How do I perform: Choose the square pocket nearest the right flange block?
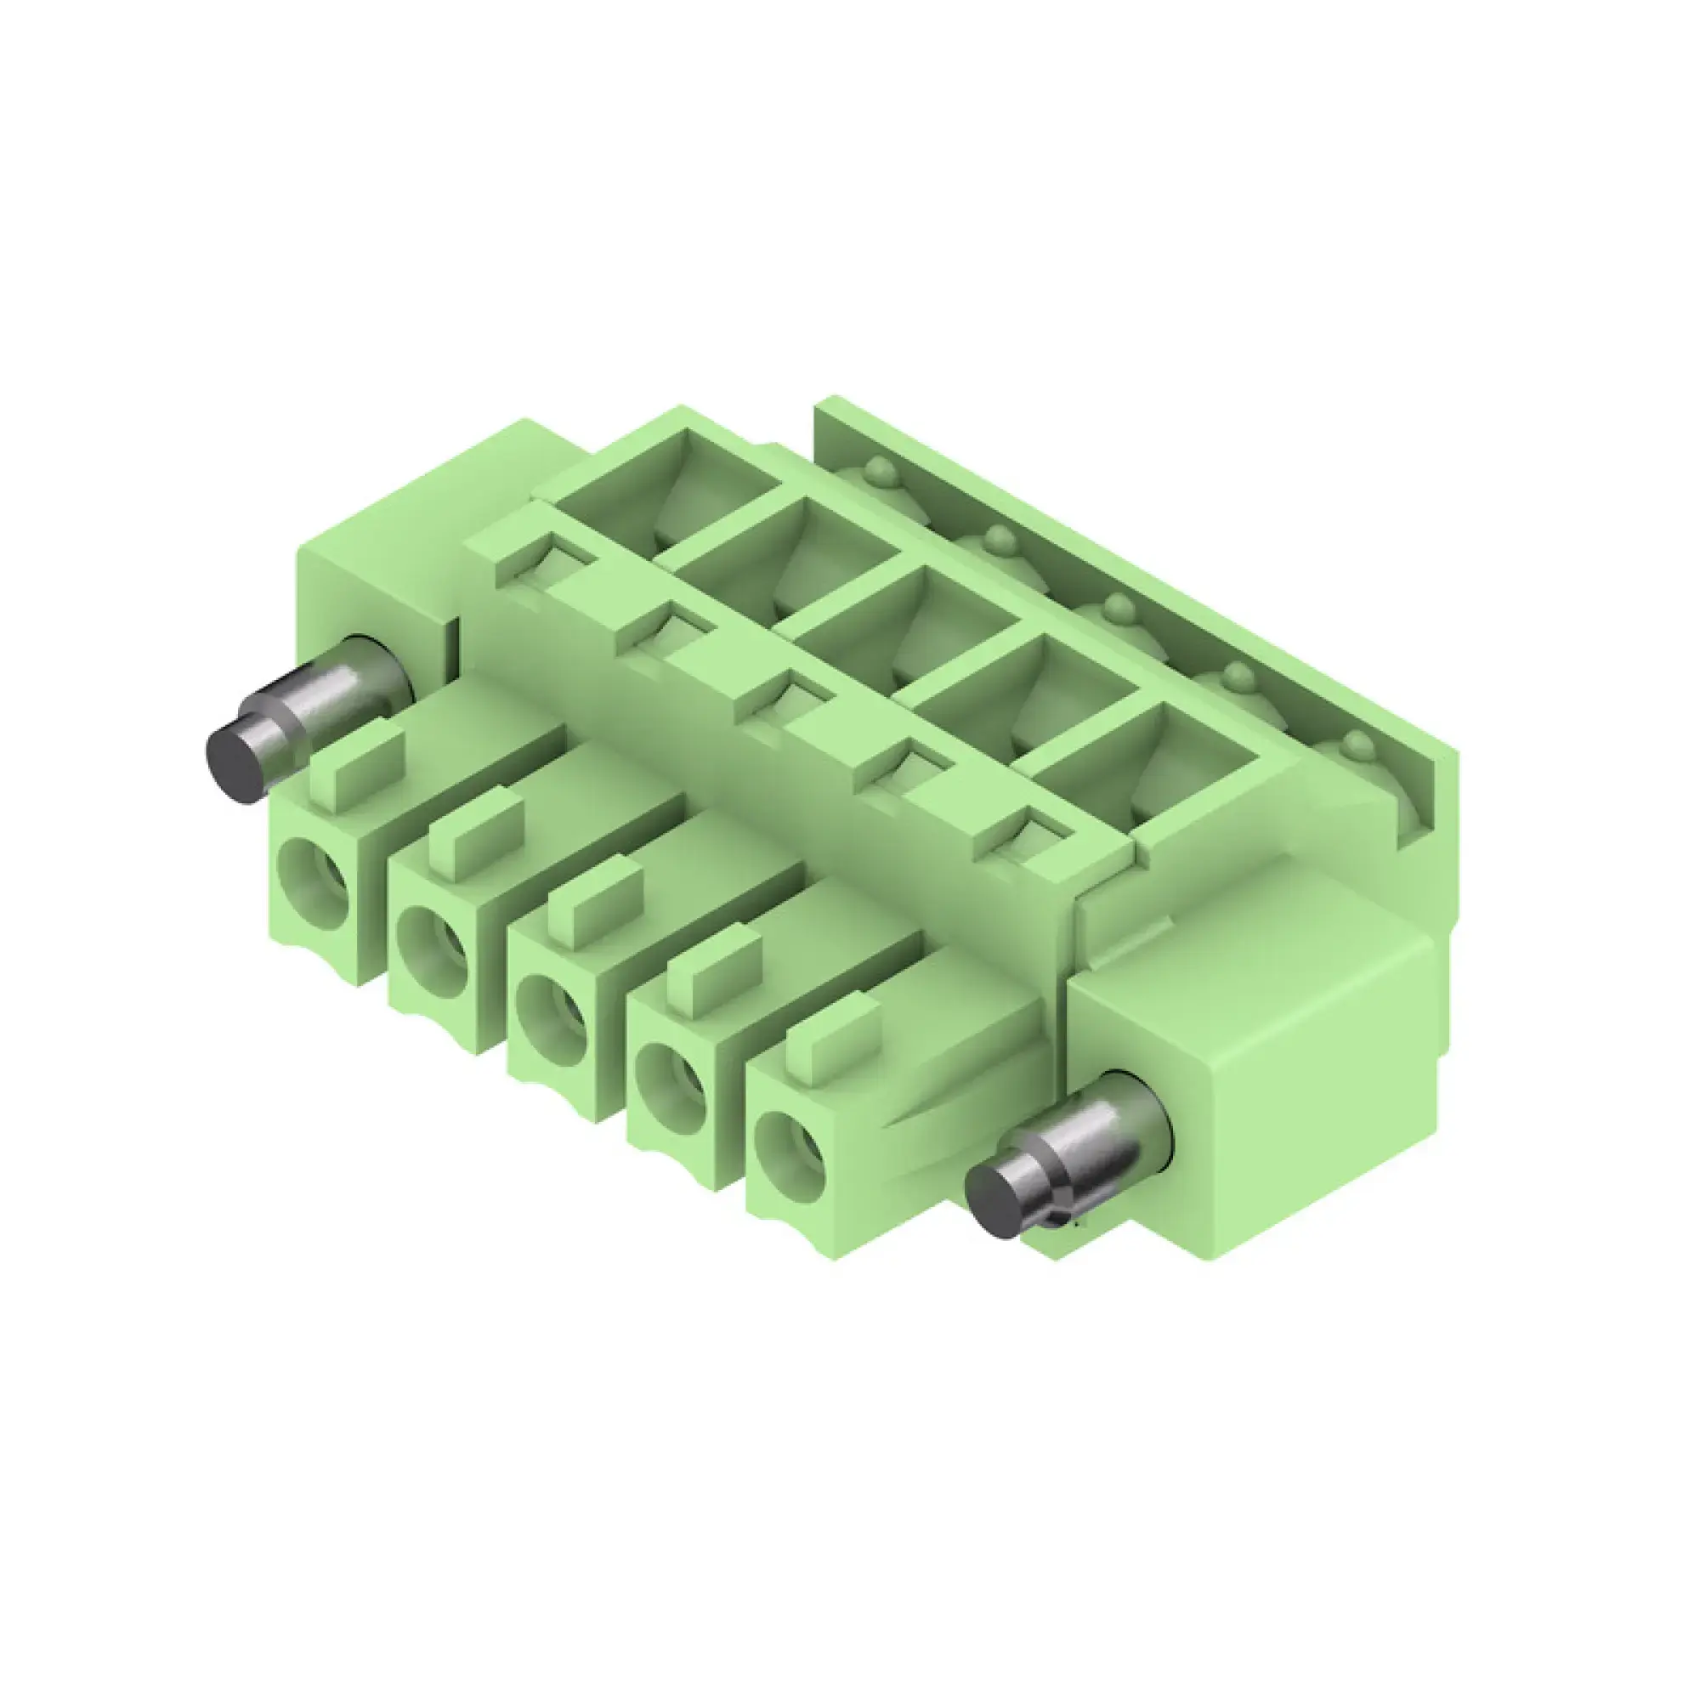pyautogui.click(x=1144, y=768)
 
